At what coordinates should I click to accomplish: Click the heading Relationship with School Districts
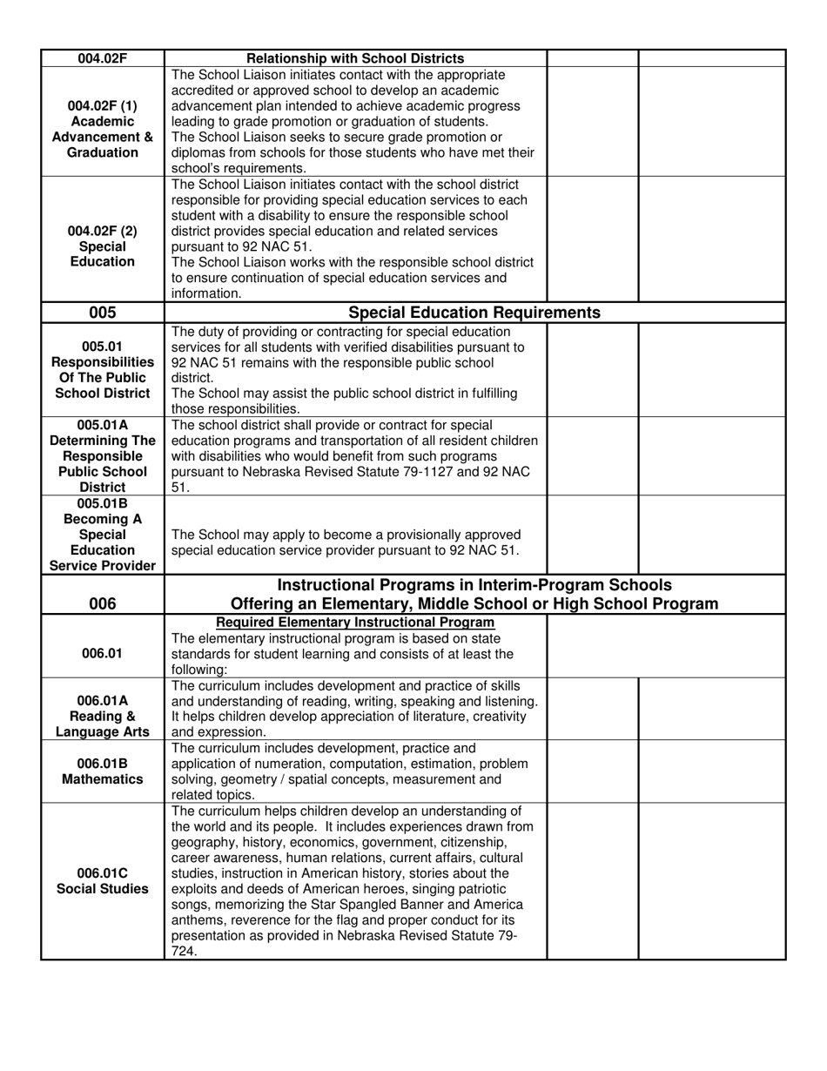(355, 58)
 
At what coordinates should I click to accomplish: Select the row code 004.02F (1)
(102, 105)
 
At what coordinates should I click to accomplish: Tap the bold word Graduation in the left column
(102, 152)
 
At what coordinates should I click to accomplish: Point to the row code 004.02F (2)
(102, 231)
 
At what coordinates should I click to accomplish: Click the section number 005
(102, 313)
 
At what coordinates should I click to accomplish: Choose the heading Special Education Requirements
(474, 313)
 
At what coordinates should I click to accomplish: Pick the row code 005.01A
(102, 426)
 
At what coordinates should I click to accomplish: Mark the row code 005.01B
(102, 503)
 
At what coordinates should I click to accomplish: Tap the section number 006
(102, 604)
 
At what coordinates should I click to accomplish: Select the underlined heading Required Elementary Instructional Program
(355, 623)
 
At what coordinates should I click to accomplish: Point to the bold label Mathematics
(102, 778)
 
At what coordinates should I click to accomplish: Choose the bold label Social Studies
(102, 889)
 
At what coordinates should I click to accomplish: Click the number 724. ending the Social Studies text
(185, 952)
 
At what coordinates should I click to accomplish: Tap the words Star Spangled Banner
(348, 905)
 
